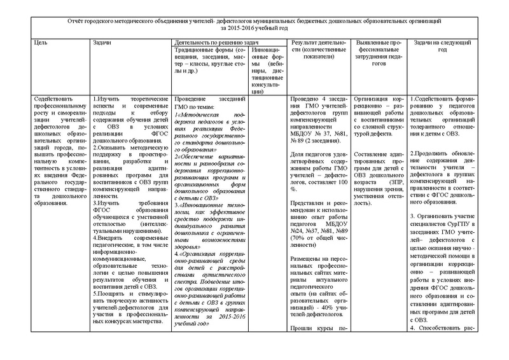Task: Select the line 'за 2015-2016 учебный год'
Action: pos(255,29)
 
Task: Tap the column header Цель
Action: pos(40,42)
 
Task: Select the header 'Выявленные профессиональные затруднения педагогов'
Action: pos(378,49)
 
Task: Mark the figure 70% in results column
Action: pos(298,223)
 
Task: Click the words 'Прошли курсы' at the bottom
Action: pos(312,328)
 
